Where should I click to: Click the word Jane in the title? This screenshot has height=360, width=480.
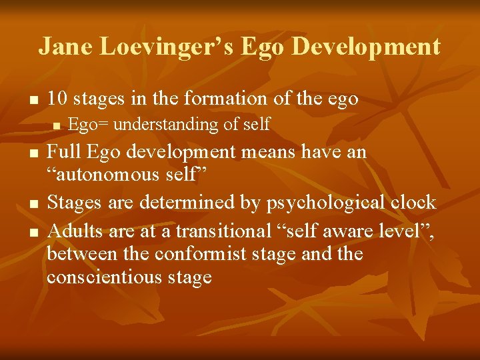click(x=65, y=47)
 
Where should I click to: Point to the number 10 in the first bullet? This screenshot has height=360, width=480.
click(x=57, y=99)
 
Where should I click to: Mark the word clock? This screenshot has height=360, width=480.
click(x=413, y=202)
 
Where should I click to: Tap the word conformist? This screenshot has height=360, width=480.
click(x=175, y=254)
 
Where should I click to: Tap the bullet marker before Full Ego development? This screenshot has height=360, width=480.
click(x=27, y=154)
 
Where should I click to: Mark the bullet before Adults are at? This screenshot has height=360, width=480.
click(x=27, y=233)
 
